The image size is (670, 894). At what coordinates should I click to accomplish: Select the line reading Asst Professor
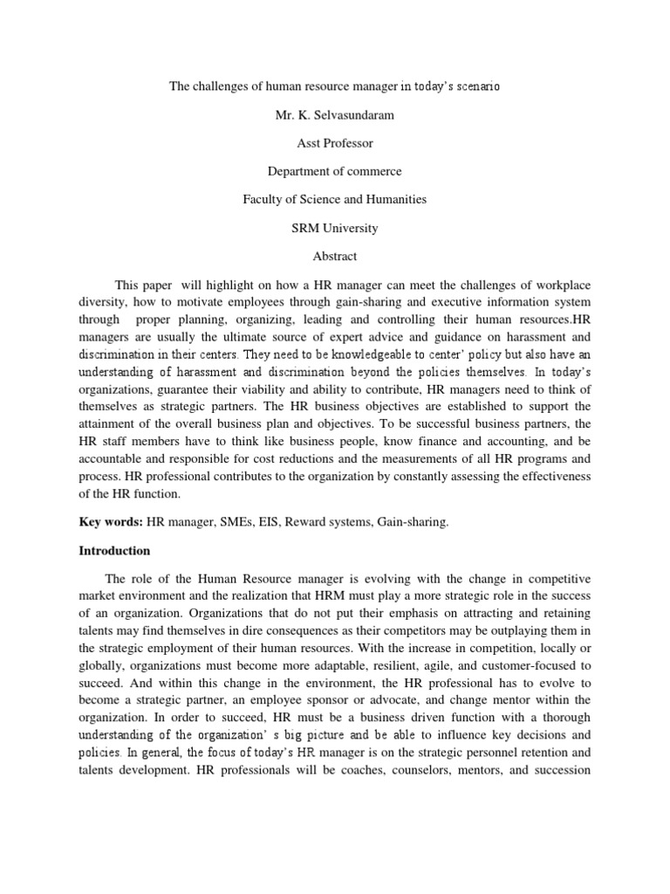(335, 144)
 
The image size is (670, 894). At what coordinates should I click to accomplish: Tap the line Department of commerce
(334, 172)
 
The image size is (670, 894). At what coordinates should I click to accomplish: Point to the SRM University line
(334, 228)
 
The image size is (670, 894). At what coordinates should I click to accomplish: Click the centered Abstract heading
(334, 256)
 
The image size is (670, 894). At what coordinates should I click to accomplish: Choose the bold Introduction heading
(114, 551)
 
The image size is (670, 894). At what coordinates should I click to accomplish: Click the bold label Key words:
(111, 521)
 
